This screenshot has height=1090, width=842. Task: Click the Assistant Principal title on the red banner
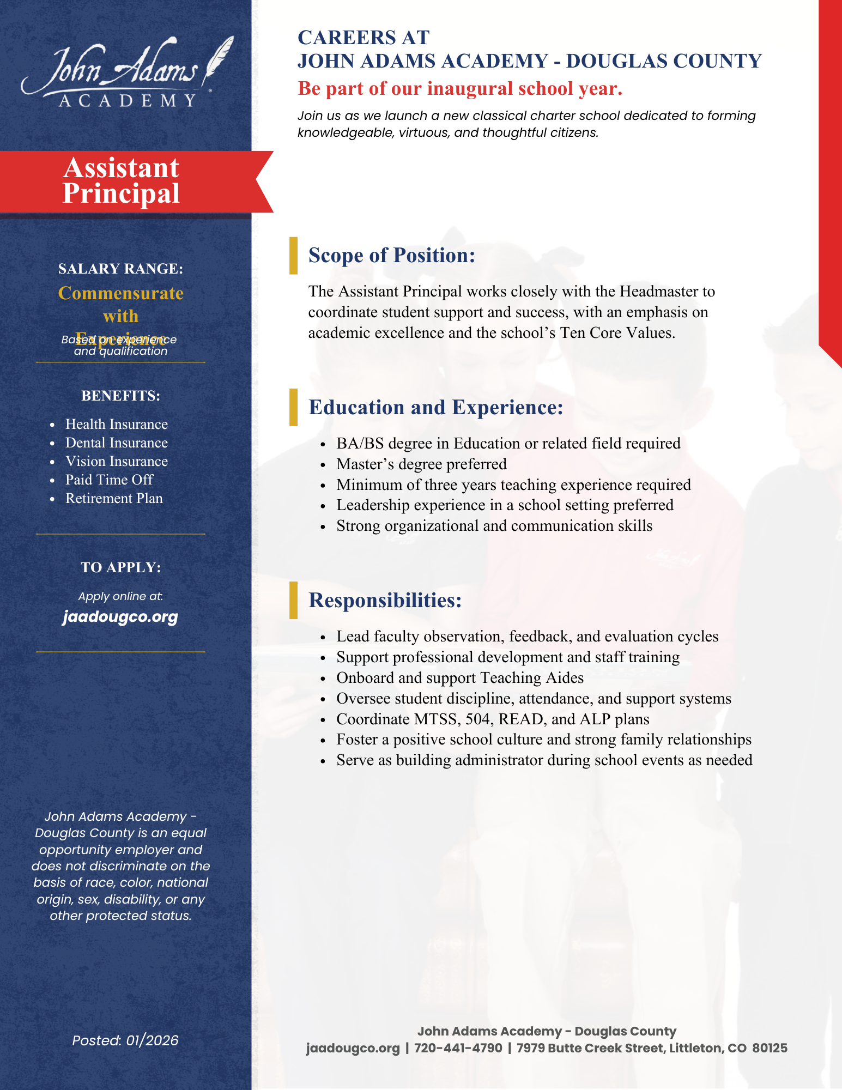pyautogui.click(x=121, y=181)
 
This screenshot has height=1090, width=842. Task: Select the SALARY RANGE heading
pyautogui.click(x=120, y=269)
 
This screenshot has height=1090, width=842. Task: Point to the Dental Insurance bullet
pyautogui.click(x=116, y=443)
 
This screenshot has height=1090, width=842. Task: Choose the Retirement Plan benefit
pyautogui.click(x=114, y=498)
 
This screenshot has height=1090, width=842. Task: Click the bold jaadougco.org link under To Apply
pyautogui.click(x=120, y=617)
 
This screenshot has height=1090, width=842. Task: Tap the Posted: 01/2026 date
pyautogui.click(x=125, y=1040)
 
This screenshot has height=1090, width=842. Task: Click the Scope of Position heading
pyautogui.click(x=391, y=255)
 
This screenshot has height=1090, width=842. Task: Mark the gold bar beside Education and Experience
pyautogui.click(x=293, y=407)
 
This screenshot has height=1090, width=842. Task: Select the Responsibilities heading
pyautogui.click(x=385, y=600)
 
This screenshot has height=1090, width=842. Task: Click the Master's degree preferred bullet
pyautogui.click(x=421, y=464)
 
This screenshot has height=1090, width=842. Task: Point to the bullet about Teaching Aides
pyautogui.click(x=459, y=677)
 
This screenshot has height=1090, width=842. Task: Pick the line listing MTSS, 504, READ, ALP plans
pyautogui.click(x=492, y=719)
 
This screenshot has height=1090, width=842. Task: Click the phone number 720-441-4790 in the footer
pyautogui.click(x=458, y=1048)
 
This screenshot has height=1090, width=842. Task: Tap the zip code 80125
pyautogui.click(x=770, y=1048)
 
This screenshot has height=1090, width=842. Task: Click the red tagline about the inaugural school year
pyautogui.click(x=459, y=88)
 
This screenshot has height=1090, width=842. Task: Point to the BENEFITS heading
pyautogui.click(x=120, y=396)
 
